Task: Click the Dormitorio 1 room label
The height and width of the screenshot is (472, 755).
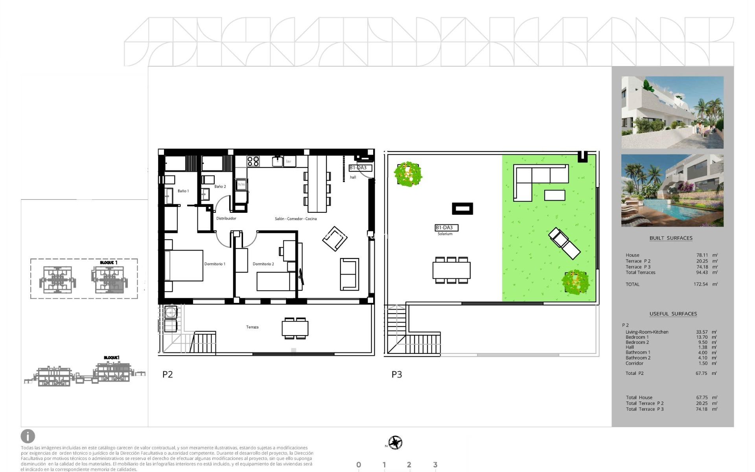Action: pyautogui.click(x=215, y=264)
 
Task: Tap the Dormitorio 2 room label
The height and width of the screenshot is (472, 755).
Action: pyautogui.click(x=263, y=264)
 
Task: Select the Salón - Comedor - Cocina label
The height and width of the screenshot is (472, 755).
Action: pyautogui.click(x=295, y=219)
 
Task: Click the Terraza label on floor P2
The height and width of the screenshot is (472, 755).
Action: pyautogui.click(x=252, y=327)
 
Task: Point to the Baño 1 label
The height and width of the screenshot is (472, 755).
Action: pyautogui.click(x=183, y=191)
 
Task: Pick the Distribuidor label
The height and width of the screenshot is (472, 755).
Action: pyautogui.click(x=226, y=218)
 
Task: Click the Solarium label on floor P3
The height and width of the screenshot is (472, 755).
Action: pyautogui.click(x=445, y=234)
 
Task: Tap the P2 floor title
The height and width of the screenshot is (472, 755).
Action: pyautogui.click(x=168, y=374)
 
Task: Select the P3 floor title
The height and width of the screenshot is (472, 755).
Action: pyautogui.click(x=396, y=374)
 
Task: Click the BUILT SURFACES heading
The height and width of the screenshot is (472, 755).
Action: pyautogui.click(x=671, y=238)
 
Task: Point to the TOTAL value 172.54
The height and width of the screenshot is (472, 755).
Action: pyautogui.click(x=700, y=284)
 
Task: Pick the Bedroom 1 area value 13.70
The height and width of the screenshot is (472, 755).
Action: pyautogui.click(x=702, y=337)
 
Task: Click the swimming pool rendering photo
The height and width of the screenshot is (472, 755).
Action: pyautogui.click(x=672, y=191)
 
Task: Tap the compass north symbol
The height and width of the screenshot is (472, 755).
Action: pyautogui.click(x=395, y=442)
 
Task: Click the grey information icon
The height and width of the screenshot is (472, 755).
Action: pyautogui.click(x=28, y=436)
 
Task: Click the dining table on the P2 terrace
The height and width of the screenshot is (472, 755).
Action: pyautogui.click(x=295, y=328)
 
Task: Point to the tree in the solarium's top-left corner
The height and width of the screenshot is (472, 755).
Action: pyautogui.click(x=408, y=173)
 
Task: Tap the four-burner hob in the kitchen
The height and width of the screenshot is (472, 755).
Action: pyautogui.click(x=253, y=161)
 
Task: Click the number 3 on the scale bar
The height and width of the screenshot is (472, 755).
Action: pyautogui.click(x=435, y=465)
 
